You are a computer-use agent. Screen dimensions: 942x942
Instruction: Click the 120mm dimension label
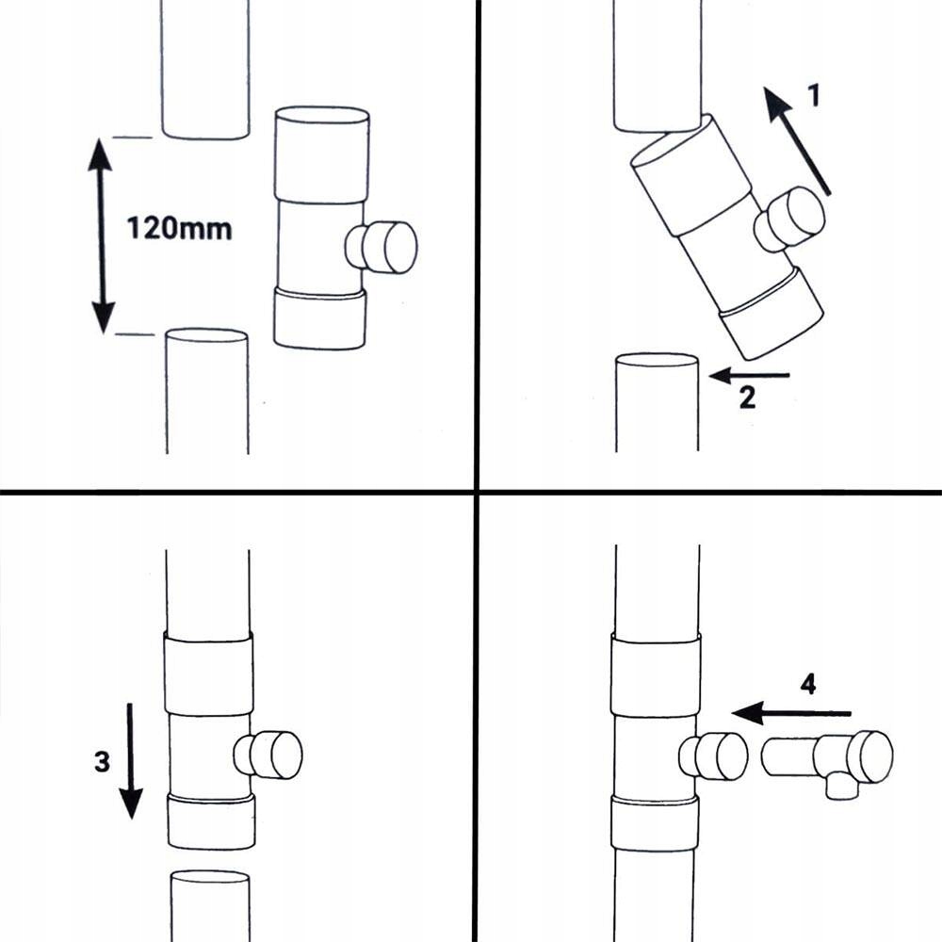[179, 228]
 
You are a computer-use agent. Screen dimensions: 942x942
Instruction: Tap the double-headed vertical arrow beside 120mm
[101, 235]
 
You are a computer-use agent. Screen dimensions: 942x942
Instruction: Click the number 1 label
[815, 95]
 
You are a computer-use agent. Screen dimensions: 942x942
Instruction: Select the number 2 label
[747, 399]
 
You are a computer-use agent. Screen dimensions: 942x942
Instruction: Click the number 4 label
[807, 685]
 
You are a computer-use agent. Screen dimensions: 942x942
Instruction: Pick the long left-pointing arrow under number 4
[791, 713]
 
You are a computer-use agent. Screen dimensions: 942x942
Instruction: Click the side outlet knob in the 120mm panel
[382, 247]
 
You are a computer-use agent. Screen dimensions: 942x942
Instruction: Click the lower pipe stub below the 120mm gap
[207, 391]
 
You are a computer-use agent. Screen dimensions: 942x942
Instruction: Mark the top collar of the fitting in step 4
[656, 674]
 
